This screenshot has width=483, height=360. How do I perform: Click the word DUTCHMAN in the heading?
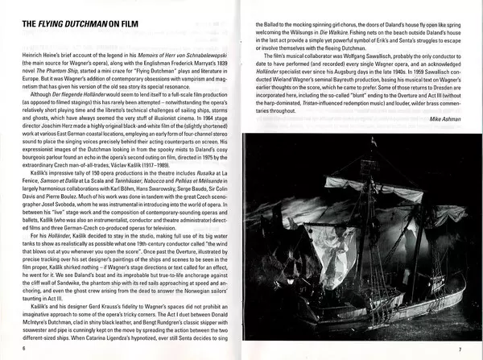pyautogui.click(x=85, y=27)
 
